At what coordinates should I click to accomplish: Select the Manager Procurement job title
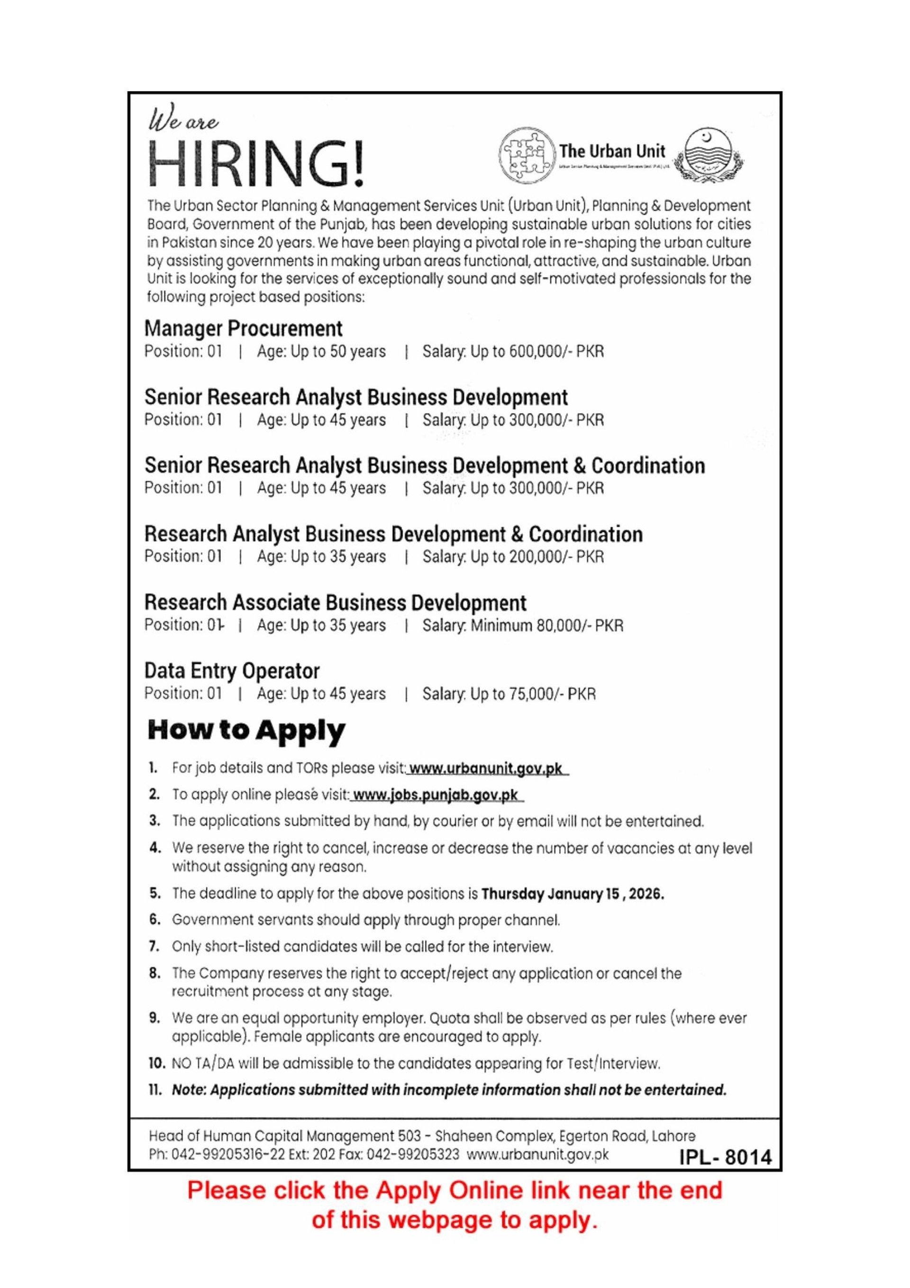[x=243, y=329]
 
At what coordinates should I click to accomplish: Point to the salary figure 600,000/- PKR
[x=556, y=352]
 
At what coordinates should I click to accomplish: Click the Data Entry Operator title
[x=232, y=671]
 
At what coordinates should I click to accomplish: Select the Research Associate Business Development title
[x=335, y=603]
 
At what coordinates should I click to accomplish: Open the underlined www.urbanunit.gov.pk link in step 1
[x=486, y=768]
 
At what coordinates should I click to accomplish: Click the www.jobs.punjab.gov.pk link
[x=436, y=795]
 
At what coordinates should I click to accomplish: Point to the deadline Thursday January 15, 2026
[x=572, y=894]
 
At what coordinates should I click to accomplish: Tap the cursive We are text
[x=183, y=122]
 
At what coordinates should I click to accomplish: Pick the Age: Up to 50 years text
[x=321, y=352]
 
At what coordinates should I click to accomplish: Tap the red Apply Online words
[x=428, y=1190]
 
